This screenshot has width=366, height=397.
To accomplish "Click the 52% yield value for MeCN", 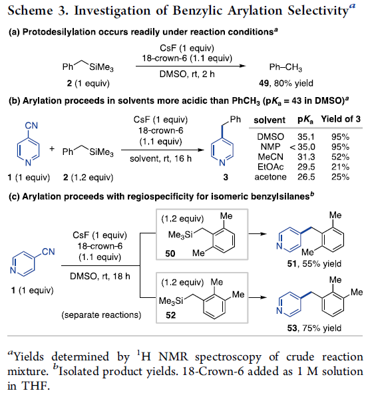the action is [x=340, y=157].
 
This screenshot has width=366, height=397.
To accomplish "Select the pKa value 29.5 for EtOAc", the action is [x=306, y=167].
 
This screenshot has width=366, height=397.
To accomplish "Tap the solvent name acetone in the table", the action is [x=271, y=177].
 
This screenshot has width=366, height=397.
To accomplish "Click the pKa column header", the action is [x=305, y=120].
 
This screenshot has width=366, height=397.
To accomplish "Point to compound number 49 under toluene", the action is [x=264, y=83].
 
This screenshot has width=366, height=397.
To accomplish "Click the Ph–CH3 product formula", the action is [x=285, y=67].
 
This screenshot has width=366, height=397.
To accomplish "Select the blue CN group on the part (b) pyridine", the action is [x=31, y=125].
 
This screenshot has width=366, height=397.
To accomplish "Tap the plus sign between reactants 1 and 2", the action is [x=52, y=148].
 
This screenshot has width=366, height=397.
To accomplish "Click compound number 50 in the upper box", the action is [x=170, y=253].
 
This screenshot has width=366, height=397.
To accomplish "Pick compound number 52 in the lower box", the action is [x=171, y=315].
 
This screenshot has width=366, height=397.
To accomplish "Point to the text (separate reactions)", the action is [x=101, y=315].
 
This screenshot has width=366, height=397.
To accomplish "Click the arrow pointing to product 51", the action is [x=258, y=233].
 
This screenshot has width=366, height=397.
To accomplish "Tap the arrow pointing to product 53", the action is [x=258, y=297].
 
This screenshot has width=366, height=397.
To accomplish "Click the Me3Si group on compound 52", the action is [x=171, y=301].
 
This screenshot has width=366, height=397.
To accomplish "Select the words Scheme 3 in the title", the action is [x=38, y=11].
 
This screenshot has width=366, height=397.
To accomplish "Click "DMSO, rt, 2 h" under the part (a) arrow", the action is [x=187, y=74].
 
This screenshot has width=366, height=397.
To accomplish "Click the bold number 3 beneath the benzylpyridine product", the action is [x=226, y=177].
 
